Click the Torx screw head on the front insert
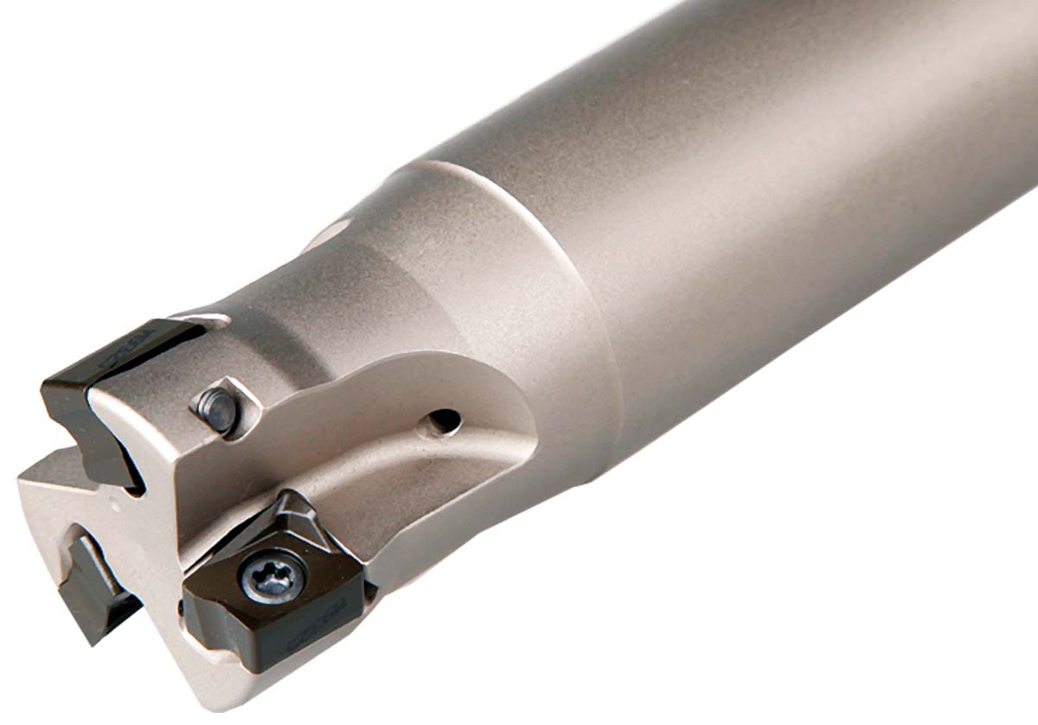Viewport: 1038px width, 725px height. click(x=274, y=574)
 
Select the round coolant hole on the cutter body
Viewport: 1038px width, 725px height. click(x=445, y=420)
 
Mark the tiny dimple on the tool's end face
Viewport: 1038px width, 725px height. click(x=114, y=500)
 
